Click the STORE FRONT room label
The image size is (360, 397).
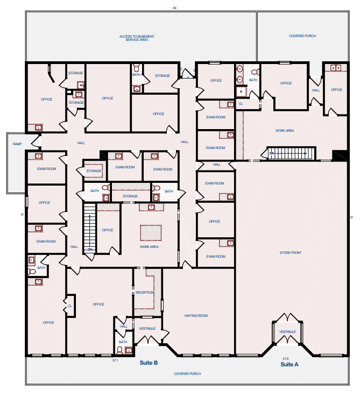click(292, 252)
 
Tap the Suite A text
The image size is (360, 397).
click(289, 364)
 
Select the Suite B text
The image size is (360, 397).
click(149, 363)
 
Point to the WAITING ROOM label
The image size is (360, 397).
click(196, 316)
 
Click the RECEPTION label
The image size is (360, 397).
click(145, 292)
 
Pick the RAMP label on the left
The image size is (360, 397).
click(17, 144)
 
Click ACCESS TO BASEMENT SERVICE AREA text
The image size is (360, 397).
click(137, 38)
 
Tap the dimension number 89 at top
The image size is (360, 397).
click(174, 8)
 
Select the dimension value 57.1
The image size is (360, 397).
click(115, 360)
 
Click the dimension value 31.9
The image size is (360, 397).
click(285, 358)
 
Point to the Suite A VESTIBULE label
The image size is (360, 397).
click(287, 332)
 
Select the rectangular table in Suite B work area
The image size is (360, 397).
click(151, 232)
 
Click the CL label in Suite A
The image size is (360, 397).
click(241, 103)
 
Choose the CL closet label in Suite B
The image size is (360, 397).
click(70, 306)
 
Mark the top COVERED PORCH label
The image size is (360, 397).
click(302, 36)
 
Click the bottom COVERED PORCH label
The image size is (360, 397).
click(187, 373)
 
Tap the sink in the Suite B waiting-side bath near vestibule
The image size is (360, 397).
click(128, 350)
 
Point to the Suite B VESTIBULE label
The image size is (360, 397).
click(147, 328)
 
